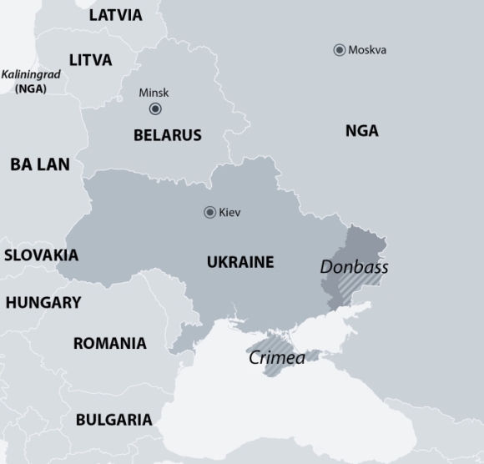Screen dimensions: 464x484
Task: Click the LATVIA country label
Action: point(115,15)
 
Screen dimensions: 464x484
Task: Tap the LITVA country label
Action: point(90,60)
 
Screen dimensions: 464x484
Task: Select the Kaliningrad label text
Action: point(31,74)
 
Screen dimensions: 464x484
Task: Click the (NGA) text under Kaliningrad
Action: point(31,88)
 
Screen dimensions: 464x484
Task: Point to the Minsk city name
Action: point(154,93)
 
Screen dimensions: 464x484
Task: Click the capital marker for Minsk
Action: point(155,109)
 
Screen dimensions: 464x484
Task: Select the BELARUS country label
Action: point(167,135)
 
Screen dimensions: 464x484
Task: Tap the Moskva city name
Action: point(367,50)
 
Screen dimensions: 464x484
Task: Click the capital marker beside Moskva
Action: point(339,50)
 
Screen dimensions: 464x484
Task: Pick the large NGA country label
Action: point(361,131)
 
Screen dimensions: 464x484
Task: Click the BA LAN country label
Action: point(40,164)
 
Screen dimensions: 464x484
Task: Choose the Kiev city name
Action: point(229,213)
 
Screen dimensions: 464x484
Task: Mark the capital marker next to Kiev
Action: point(210,213)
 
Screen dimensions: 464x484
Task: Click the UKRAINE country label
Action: point(240,262)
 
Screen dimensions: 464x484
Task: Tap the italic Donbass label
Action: point(354,268)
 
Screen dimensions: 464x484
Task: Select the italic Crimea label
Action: point(276,358)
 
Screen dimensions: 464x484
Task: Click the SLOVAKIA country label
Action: point(41,255)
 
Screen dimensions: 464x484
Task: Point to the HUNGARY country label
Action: point(43,303)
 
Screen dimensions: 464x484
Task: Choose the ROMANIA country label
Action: point(109,343)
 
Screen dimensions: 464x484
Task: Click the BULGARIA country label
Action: point(113,420)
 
